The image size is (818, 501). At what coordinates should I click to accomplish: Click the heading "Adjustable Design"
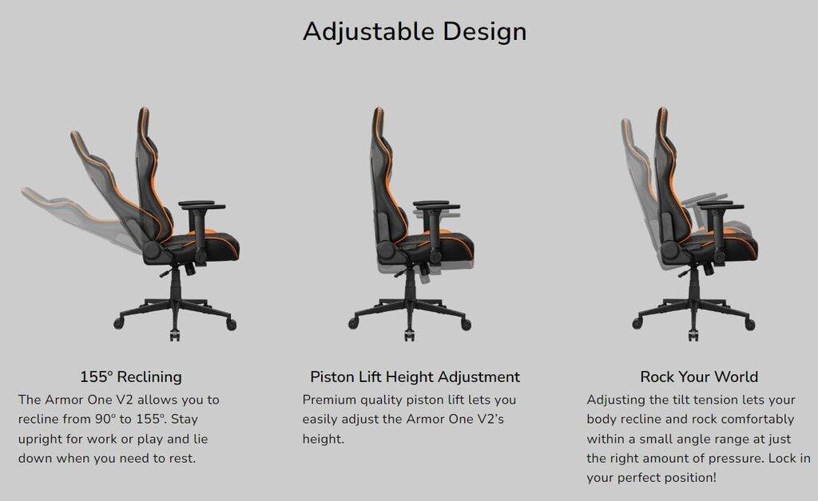415,32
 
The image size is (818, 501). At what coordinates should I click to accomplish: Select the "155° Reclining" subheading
131,377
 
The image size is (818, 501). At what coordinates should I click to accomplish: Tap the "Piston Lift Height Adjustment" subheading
415,377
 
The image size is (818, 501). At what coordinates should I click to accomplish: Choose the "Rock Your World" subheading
699,377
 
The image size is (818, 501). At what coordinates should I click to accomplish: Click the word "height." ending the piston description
324,439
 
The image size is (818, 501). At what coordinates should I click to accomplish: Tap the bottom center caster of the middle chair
409,334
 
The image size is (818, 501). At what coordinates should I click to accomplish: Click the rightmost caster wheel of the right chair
749,325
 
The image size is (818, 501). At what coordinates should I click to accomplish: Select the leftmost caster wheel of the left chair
119,323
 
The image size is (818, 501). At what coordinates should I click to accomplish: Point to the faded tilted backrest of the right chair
639,177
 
